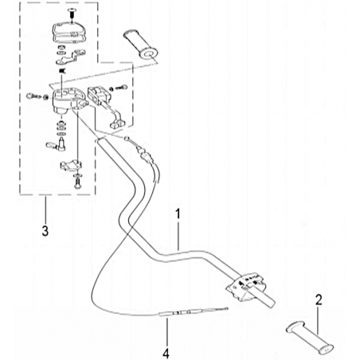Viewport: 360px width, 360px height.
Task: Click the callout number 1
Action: (178, 214)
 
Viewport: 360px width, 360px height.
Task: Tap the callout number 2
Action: (319, 300)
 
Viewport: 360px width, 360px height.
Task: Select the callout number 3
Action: (45, 231)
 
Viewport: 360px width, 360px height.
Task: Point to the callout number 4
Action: (166, 354)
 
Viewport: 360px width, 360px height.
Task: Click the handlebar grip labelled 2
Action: (310, 338)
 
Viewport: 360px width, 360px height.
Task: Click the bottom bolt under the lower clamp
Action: (77, 182)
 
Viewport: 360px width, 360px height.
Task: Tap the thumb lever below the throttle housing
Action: (56, 145)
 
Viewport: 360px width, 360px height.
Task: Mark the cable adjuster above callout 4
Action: (178, 313)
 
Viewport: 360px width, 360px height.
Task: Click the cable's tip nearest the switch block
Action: (226, 308)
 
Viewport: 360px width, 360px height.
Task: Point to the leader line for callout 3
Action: (45, 209)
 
